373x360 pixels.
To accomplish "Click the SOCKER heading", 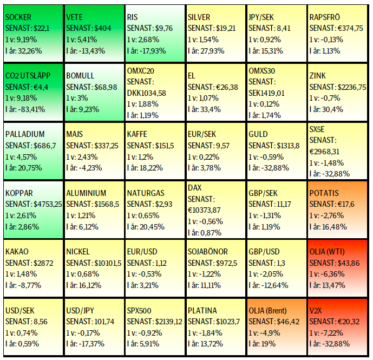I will (x=18, y=17).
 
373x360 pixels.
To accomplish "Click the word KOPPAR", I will (x=19, y=193).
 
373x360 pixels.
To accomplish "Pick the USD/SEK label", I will (x=21, y=311).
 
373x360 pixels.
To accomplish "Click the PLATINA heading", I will (x=203, y=311).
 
